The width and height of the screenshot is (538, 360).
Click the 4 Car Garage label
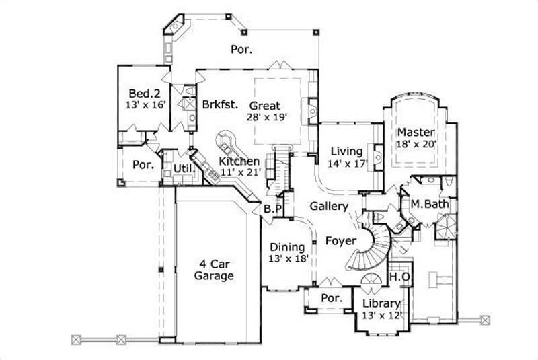coord(214,269)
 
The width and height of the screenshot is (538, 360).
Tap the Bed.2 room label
coord(143,94)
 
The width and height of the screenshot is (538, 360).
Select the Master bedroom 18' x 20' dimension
coord(417,143)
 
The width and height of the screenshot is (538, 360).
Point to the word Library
coord(381,303)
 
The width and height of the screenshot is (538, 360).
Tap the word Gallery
coord(329,206)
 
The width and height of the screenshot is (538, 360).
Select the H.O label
coord(397,277)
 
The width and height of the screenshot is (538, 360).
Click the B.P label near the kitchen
coord(272,209)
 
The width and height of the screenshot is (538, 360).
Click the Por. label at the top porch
coord(241,48)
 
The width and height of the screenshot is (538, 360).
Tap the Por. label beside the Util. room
coord(143,164)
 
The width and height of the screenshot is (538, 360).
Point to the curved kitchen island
coord(225,142)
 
